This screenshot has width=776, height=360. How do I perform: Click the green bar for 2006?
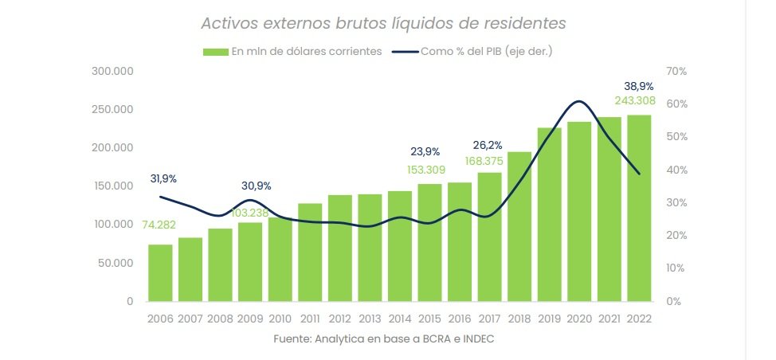click(160, 273)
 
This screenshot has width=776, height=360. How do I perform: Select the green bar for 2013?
click(370, 248)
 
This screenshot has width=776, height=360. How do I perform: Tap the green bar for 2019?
click(549, 214)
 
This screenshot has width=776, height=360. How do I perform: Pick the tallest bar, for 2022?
click(639, 208)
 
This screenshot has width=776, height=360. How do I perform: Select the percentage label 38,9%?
click(638, 86)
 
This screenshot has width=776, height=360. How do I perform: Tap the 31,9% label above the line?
click(164, 178)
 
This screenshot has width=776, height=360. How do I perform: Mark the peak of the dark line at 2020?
click(579, 101)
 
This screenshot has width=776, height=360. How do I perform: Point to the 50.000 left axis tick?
click(116, 263)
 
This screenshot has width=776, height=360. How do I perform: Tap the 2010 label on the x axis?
click(280, 318)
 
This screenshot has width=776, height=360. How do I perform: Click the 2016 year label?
click(460, 318)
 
